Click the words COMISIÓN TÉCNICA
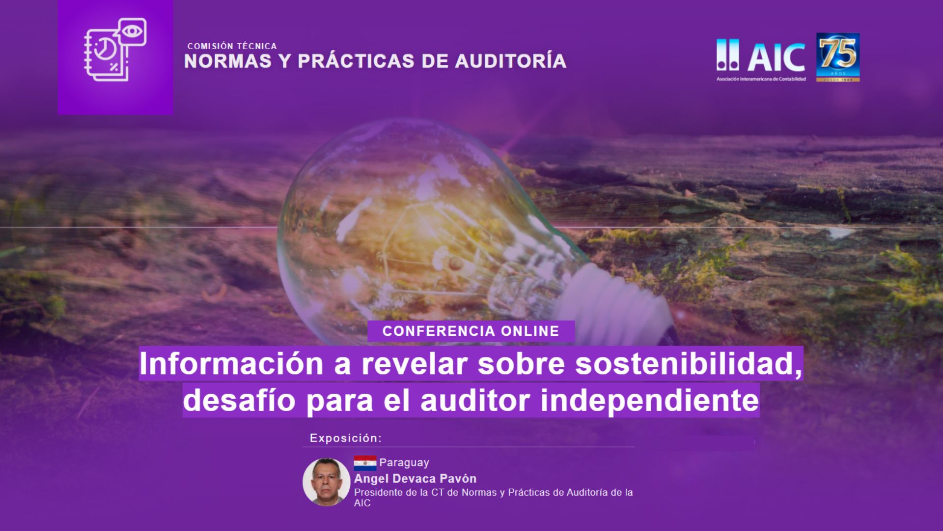232,46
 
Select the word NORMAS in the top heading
227,61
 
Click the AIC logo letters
777,57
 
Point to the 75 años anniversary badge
838,57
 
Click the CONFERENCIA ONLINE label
471,331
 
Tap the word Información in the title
231,363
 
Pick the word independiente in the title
650,400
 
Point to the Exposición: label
346,438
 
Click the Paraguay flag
365,463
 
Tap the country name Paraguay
404,463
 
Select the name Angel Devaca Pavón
416,479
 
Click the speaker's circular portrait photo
326,482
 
